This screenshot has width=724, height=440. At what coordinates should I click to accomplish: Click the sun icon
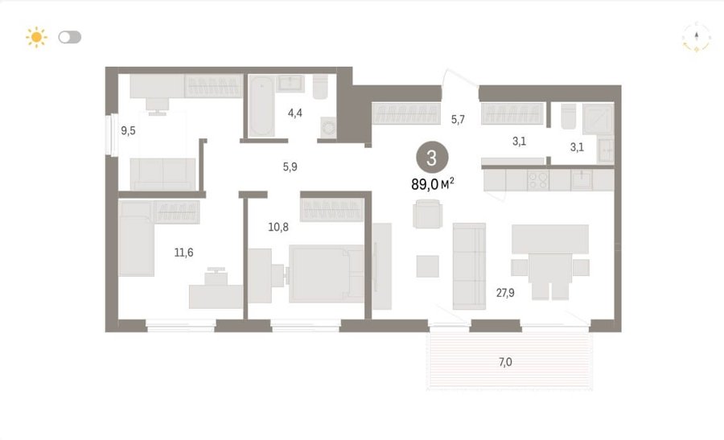coord(36,37)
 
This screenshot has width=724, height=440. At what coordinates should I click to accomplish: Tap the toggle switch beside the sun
coord(70,37)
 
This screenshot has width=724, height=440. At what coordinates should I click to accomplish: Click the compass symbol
coord(697,37)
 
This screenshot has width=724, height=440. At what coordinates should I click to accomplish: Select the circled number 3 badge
coord(432,158)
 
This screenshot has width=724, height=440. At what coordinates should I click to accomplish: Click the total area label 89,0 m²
coord(433,184)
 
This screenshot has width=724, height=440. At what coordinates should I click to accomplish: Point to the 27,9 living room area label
coord(505,293)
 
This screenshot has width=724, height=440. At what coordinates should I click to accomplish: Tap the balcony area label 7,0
coord(505,362)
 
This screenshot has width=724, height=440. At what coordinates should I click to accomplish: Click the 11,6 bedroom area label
coord(183,253)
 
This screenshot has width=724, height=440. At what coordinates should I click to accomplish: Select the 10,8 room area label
coord(278,227)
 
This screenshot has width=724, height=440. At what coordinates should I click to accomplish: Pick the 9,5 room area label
coord(128,130)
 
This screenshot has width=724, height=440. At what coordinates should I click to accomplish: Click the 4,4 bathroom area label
coord(294,113)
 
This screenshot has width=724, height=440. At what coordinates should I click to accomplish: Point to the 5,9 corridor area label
coord(290,167)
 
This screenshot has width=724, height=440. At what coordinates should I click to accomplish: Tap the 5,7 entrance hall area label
coord(458,120)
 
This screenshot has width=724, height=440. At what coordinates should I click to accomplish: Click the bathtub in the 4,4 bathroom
coord(261,106)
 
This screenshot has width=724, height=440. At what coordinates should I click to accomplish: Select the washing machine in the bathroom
coord(329,127)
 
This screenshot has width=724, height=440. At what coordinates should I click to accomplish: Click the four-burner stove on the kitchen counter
coord(538,180)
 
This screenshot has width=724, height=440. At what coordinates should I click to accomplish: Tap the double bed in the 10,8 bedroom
coord(327,273)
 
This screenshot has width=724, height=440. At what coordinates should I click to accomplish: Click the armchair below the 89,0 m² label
coord(428,214)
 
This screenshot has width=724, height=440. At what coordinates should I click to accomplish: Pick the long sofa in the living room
coord(469,266)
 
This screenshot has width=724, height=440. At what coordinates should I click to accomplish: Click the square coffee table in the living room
coord(428,266)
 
